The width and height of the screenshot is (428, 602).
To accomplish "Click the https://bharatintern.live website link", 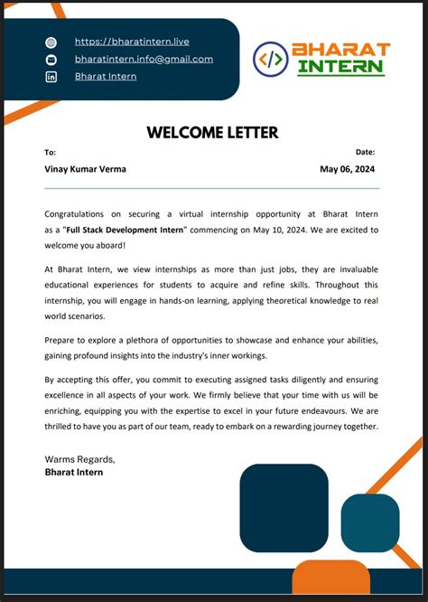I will tap(131, 42).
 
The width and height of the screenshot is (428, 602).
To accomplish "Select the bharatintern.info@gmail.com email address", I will tap(144, 59).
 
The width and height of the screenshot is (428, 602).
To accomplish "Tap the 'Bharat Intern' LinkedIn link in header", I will tap(106, 76).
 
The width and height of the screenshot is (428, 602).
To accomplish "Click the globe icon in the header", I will tap(51, 42).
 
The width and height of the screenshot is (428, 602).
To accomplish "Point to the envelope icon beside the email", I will tap(51, 60).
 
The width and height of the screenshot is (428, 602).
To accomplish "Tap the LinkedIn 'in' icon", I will tap(51, 77).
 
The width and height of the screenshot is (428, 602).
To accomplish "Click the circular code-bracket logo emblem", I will tap(271, 59).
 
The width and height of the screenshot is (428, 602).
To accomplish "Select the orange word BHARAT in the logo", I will tap(340, 49).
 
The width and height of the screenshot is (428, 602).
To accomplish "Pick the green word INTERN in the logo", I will tap(340, 68).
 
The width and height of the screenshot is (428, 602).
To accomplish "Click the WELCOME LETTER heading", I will tap(212, 133).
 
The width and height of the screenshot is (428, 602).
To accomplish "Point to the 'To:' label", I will tap(50, 153).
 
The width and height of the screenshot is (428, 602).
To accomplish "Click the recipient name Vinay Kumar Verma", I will tap(86, 169).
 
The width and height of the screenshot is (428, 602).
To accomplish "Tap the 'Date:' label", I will tap(365, 153).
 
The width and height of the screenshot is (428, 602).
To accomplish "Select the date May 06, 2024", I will tap(347, 169).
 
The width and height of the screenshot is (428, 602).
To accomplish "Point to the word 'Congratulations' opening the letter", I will tap(78, 214).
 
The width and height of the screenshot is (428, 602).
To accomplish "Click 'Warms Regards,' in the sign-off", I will tap(79, 458).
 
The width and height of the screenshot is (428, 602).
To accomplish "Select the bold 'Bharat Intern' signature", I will tap(74, 472).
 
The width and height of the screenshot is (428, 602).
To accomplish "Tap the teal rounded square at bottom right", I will tap(369, 523).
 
